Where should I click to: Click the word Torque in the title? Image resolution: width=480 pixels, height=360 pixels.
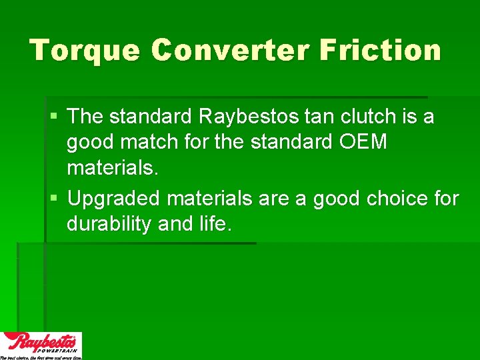85,51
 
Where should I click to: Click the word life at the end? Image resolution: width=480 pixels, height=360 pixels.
213,224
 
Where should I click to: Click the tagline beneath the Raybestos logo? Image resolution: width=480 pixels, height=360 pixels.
41,357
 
